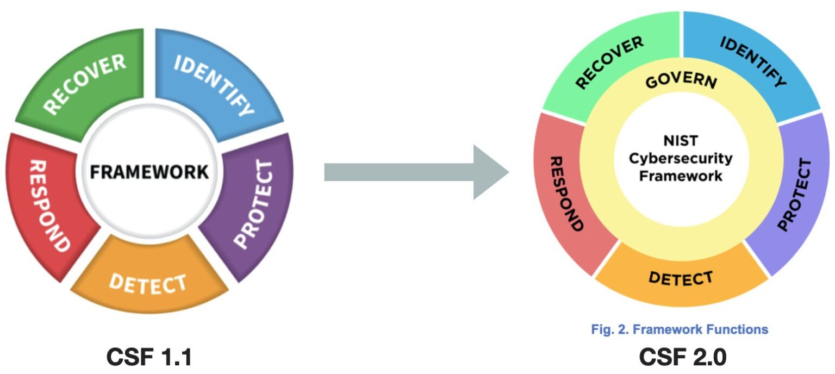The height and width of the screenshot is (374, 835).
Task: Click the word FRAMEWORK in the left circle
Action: click(x=149, y=172)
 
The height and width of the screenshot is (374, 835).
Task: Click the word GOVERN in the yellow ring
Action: click(x=681, y=82)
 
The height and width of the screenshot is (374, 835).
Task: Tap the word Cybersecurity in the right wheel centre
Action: click(x=681, y=159)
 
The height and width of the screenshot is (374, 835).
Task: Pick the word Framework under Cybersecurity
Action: click(x=681, y=176)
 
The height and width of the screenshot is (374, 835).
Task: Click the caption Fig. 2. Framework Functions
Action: click(x=680, y=329)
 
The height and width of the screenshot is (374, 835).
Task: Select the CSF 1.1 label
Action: click(x=149, y=357)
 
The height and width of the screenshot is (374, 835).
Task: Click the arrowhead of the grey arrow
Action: click(x=489, y=172)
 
